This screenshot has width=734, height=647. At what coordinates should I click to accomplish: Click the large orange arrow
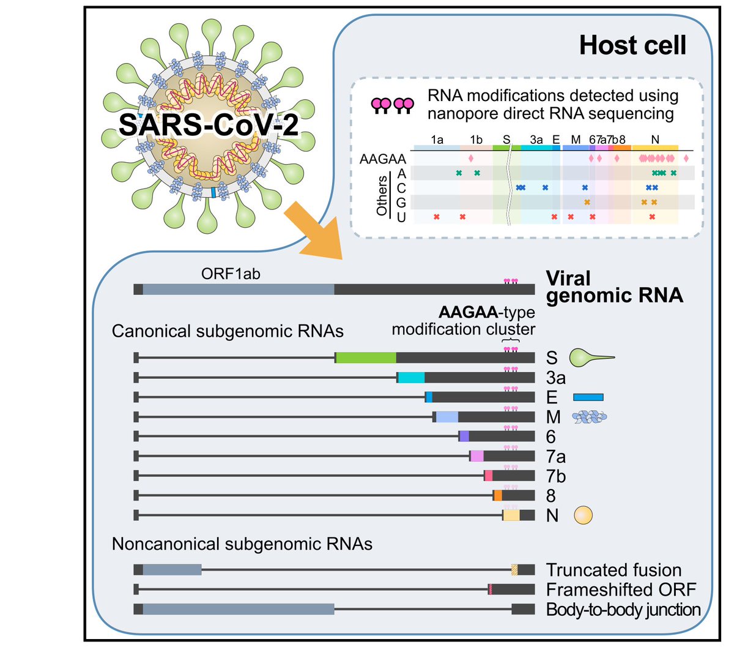(x=315, y=233)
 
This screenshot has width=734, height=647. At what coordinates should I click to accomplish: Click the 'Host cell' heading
(x=632, y=46)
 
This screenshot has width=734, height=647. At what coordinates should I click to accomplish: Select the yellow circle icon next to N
(x=583, y=515)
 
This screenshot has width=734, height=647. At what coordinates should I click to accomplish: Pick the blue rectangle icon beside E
(x=588, y=397)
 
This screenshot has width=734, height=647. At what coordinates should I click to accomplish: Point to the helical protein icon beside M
(x=589, y=417)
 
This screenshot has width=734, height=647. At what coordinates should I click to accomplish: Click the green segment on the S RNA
(x=366, y=358)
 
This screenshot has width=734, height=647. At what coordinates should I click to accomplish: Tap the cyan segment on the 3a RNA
(x=411, y=378)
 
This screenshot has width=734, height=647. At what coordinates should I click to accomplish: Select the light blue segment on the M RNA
(x=447, y=417)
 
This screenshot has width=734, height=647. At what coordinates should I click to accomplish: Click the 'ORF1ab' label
(x=231, y=274)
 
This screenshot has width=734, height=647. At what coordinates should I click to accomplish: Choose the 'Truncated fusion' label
(x=614, y=570)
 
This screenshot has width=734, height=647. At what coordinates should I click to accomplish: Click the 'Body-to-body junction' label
(x=623, y=610)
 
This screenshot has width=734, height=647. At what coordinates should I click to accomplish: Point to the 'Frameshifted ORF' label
(x=621, y=589)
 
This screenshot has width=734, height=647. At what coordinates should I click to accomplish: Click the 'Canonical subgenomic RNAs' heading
(x=228, y=331)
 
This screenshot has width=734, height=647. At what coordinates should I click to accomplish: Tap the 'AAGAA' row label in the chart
(x=383, y=159)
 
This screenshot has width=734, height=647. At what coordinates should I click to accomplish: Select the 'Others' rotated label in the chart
(x=382, y=195)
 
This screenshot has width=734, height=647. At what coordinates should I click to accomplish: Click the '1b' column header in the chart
(x=476, y=140)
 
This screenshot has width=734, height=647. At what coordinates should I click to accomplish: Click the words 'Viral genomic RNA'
(x=614, y=287)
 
